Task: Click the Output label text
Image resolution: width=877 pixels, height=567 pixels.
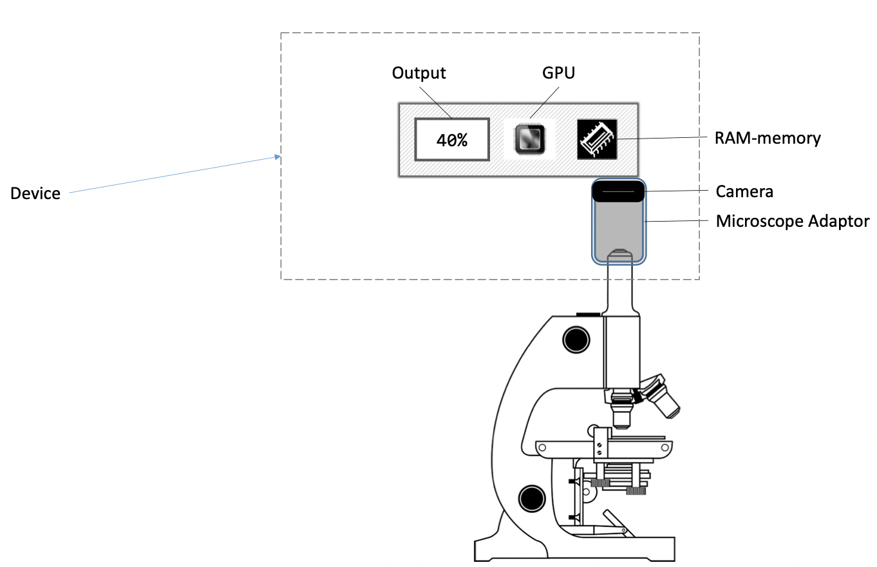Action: coord(419,73)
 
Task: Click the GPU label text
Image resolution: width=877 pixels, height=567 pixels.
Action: coord(558,73)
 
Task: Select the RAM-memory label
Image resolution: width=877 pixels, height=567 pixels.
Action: coord(768,138)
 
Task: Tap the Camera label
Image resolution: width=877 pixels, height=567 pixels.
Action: coord(744,191)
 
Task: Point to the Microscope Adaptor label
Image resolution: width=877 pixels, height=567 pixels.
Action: coord(792,222)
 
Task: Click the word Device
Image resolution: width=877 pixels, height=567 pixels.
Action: coord(35,193)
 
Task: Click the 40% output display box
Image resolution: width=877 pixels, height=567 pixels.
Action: coord(451,139)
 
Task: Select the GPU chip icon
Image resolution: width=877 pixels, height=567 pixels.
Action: coord(529,139)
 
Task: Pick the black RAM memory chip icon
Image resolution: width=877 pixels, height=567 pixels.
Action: coord(597,139)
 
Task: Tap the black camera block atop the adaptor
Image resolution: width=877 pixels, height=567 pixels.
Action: coord(618,191)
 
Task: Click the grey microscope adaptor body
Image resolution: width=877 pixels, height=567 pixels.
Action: coord(618,229)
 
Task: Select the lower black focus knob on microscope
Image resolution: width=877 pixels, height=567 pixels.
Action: coord(532,497)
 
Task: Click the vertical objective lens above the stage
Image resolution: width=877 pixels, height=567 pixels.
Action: coord(621,412)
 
